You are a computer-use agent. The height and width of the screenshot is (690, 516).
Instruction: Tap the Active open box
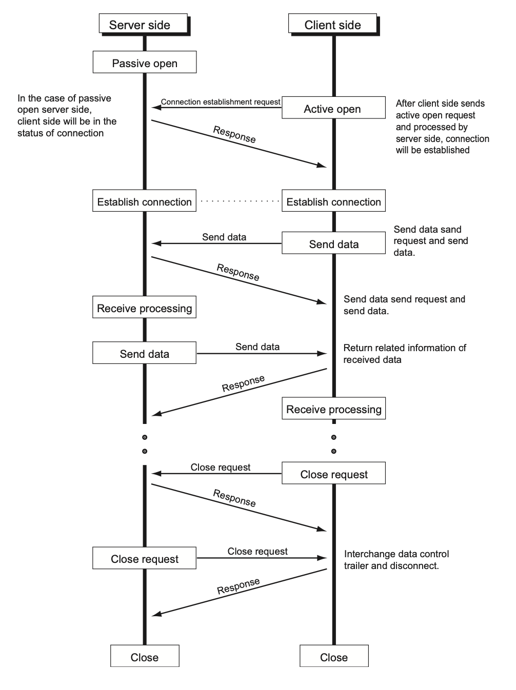(x=333, y=108)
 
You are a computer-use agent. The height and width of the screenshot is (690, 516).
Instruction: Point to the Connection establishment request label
(x=221, y=102)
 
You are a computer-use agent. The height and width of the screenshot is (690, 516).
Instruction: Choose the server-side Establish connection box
(x=144, y=200)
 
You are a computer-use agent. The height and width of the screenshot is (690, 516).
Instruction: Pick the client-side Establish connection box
(x=333, y=200)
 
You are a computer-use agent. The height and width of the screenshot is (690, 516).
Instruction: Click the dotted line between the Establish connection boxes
(x=240, y=201)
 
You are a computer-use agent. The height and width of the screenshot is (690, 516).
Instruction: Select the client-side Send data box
(x=333, y=243)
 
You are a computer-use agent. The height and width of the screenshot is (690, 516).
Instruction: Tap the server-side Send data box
(x=144, y=353)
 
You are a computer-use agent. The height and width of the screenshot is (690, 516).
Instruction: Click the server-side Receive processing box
(x=144, y=307)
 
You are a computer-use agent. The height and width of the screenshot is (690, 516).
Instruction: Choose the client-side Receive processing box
(x=333, y=408)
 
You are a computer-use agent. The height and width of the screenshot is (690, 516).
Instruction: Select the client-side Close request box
(x=333, y=473)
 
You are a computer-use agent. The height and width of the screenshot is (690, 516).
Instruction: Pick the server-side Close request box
(x=144, y=558)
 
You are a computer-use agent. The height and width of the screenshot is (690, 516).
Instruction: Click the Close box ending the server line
(x=145, y=656)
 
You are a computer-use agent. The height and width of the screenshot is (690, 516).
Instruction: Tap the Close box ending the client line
(x=334, y=656)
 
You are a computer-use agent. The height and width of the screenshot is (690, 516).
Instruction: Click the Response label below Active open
(x=234, y=134)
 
